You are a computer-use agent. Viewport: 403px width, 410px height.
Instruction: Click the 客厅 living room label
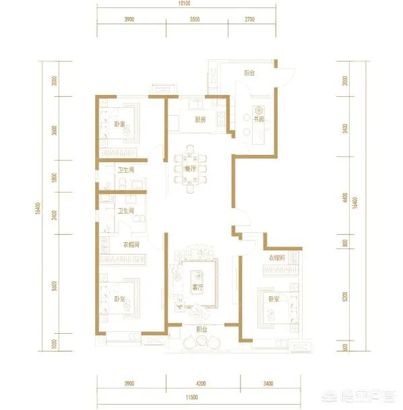click(198, 287)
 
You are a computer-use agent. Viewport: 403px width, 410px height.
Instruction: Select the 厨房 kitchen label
click(199, 121)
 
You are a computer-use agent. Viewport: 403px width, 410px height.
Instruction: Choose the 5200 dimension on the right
click(344, 295)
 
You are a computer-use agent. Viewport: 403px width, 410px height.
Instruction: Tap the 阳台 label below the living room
click(201, 330)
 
